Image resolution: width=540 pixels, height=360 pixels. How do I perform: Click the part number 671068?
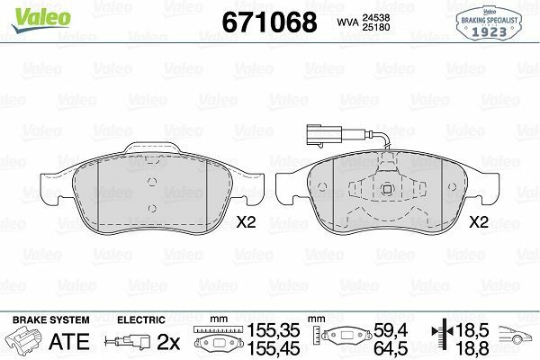click(269, 22)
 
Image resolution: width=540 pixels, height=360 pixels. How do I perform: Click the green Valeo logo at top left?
click(41, 19)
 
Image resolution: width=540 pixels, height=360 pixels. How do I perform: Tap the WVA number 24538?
click(375, 18)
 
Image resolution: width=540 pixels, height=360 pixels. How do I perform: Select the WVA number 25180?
click(375, 27)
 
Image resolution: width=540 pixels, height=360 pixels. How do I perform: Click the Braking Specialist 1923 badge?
click(489, 23)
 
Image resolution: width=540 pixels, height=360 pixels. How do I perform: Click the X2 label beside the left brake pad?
click(246, 222)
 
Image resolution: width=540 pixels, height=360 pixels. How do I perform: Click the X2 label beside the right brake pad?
click(479, 222)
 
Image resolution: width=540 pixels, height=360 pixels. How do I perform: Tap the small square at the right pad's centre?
click(387, 188)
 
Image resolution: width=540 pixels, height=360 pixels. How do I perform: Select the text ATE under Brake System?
click(69, 341)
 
